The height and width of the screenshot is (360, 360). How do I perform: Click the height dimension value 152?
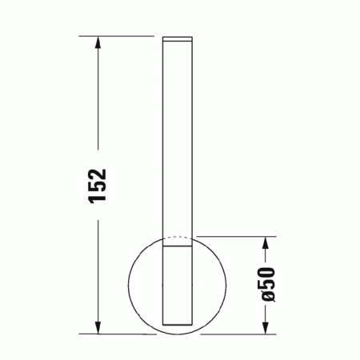[x=97, y=186]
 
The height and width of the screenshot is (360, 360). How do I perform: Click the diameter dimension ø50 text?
[x=268, y=284]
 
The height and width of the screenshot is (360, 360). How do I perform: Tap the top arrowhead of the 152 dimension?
[x=98, y=42]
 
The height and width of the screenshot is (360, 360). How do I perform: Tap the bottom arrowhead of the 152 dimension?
[x=98, y=327]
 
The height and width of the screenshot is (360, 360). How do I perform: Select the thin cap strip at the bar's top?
[x=178, y=38]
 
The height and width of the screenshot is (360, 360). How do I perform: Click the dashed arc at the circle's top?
[x=178, y=238]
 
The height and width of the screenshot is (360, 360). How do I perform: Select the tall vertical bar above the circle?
[x=178, y=136]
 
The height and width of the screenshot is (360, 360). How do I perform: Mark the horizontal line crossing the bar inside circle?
[x=178, y=248]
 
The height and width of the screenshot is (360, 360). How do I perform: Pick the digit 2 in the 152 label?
[x=97, y=173]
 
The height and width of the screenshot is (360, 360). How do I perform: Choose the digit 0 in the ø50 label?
[x=268, y=272]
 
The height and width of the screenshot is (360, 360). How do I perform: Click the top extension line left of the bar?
[x=120, y=37]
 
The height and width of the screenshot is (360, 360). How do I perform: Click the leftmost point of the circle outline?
[x=128, y=284]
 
